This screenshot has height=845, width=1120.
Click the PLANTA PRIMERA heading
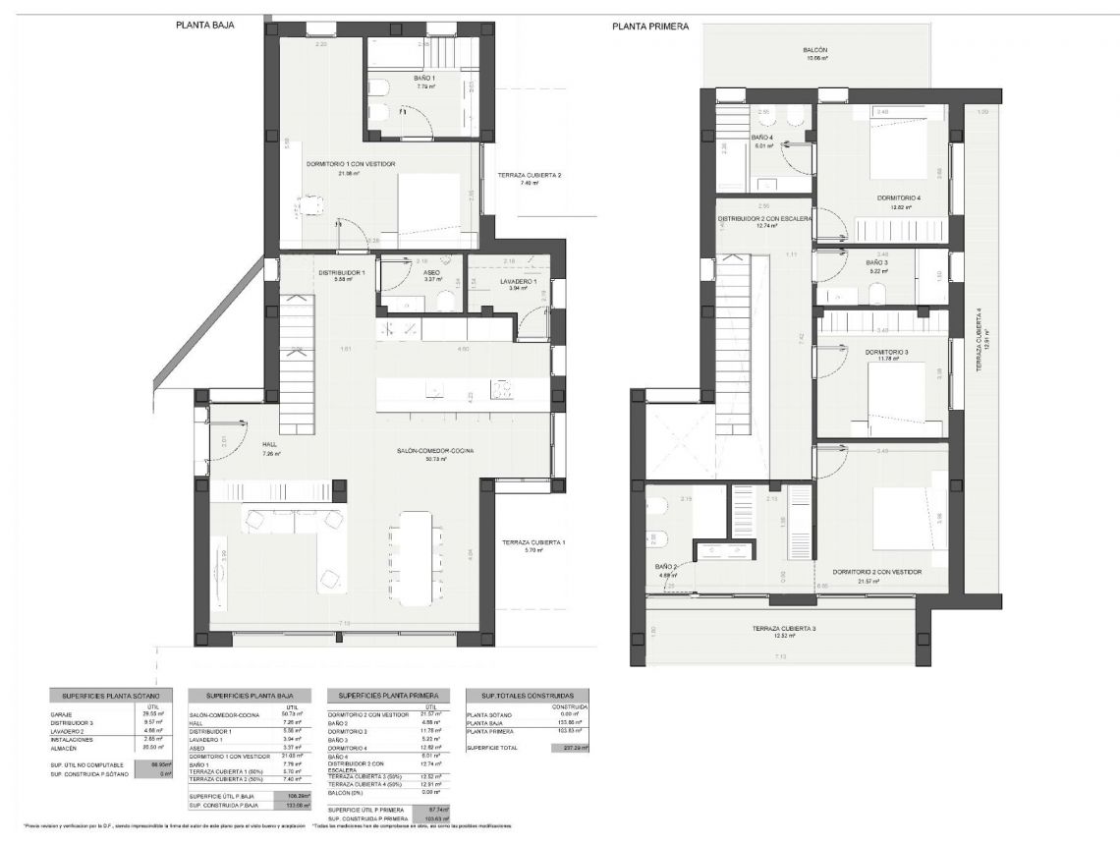click(650, 27)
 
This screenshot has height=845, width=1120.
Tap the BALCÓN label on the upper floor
click(813, 49)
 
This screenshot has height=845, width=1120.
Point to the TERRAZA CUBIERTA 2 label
click(529, 175)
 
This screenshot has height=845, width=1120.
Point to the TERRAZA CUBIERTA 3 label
click(784, 629)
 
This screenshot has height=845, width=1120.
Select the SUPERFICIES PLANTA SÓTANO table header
click(110, 695)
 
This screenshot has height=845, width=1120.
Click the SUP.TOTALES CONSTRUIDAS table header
click(528, 695)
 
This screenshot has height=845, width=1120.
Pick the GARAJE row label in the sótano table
click(61, 714)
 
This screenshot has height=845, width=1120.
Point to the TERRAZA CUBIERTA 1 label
click(532, 542)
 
